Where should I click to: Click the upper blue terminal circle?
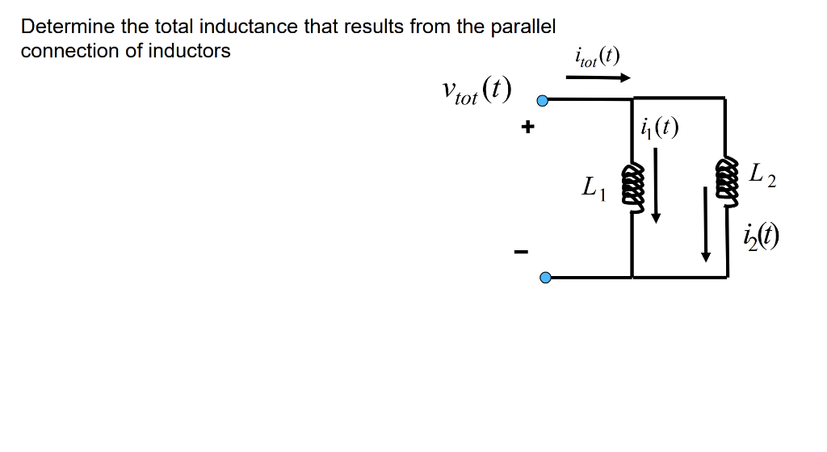[544, 102]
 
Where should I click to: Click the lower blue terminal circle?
[545, 278]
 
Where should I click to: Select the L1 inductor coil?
[632, 186]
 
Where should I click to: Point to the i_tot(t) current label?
[597, 56]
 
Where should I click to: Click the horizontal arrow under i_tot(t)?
[598, 78]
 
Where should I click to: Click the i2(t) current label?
[762, 236]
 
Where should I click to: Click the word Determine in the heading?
[67, 27]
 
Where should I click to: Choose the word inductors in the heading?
[193, 51]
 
